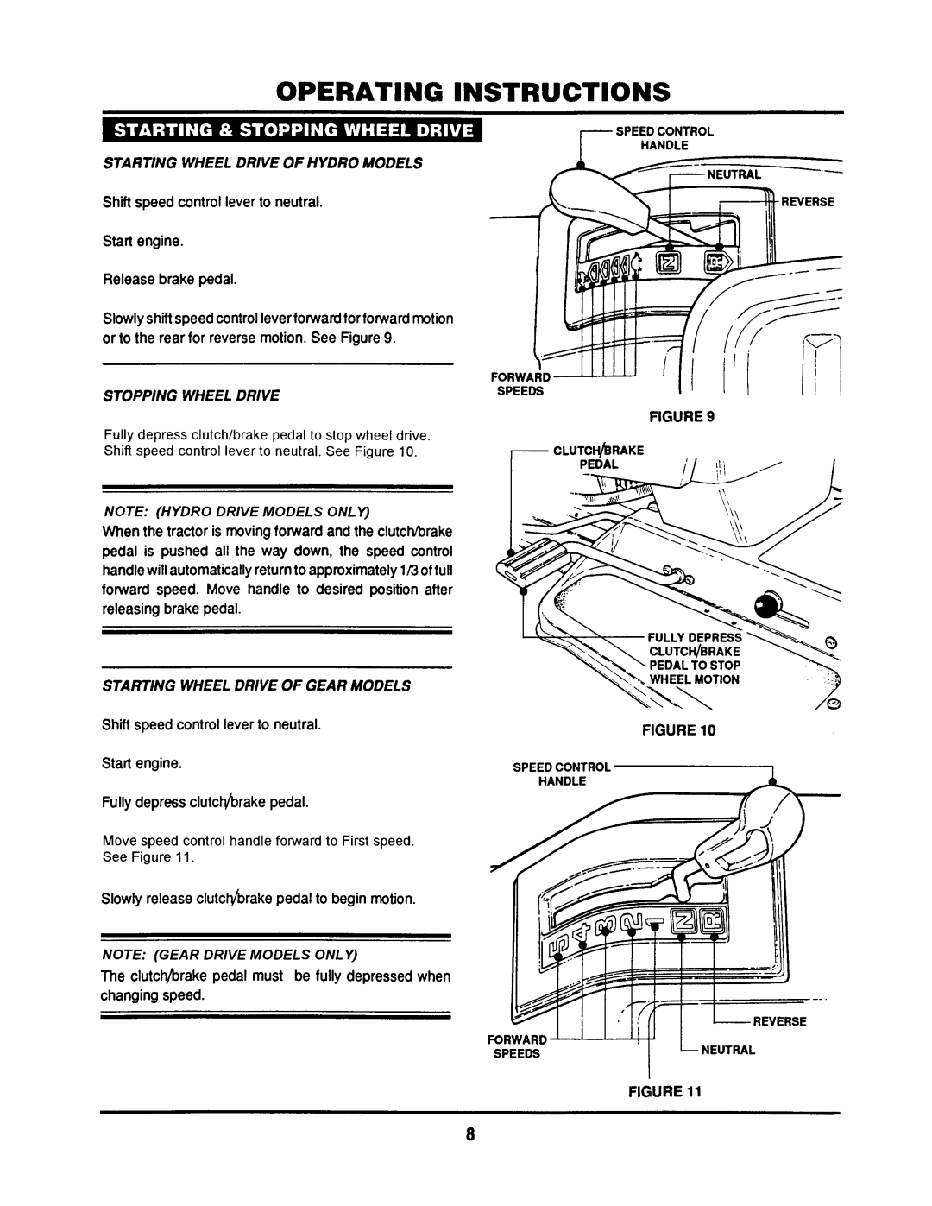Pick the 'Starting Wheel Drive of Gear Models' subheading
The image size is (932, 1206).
(x=255, y=685)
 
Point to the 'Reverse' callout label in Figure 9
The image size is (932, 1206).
(x=809, y=201)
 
